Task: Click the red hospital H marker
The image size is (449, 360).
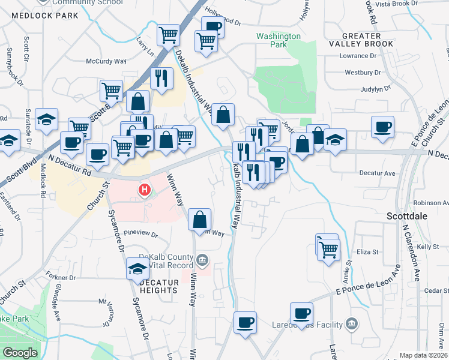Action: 144,191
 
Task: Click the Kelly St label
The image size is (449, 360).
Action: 428,247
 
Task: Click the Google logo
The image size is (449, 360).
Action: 20,353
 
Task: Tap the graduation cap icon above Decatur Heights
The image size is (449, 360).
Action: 137,269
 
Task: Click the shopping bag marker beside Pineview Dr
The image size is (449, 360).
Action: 199,220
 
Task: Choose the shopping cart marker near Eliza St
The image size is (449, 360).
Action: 328,248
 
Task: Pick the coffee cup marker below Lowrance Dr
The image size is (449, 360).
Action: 382,127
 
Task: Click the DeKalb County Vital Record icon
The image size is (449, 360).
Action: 203,260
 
